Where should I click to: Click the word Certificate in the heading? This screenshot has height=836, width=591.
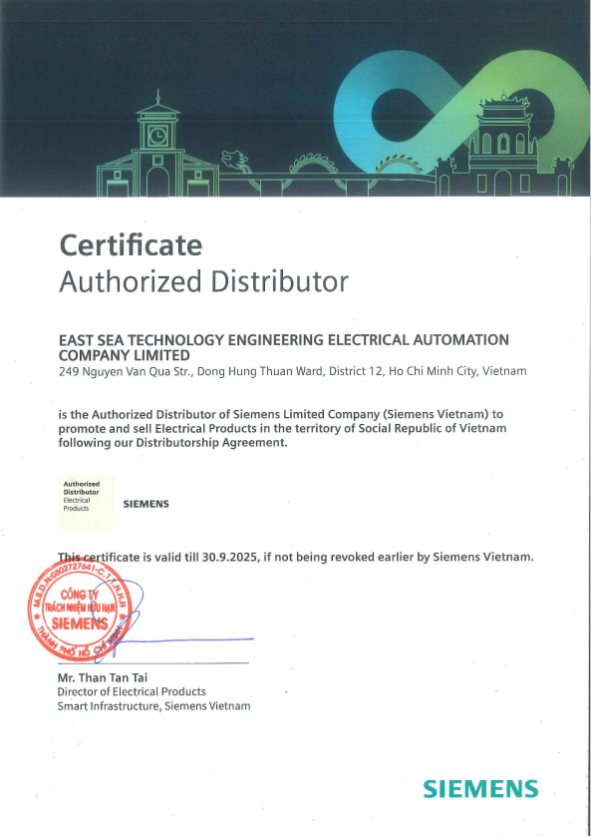[131, 244]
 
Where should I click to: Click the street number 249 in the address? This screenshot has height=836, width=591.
[68, 371]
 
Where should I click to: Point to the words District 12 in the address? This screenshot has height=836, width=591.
[356, 371]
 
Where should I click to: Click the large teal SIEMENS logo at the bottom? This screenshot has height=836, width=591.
[480, 789]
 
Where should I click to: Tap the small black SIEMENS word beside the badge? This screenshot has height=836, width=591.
[146, 504]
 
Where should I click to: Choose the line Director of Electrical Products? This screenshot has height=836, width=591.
[132, 691]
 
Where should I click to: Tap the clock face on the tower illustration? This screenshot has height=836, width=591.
[156, 134]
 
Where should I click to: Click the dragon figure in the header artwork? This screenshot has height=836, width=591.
[236, 160]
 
